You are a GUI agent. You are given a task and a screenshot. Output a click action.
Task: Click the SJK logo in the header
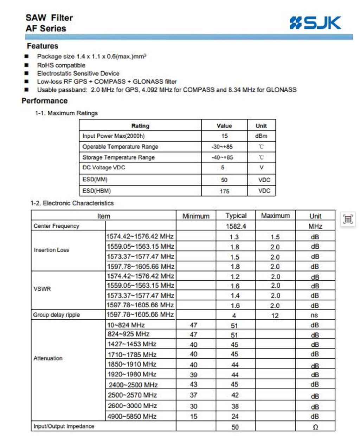(x=315, y=23)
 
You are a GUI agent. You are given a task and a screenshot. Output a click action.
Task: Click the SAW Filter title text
(x=49, y=18)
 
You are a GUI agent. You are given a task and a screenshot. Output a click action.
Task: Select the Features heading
(x=43, y=46)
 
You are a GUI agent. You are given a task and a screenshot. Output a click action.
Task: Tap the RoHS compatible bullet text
(x=61, y=65)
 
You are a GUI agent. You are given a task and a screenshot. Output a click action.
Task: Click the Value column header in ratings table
(x=224, y=126)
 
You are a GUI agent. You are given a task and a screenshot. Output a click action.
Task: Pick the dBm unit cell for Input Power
(x=261, y=136)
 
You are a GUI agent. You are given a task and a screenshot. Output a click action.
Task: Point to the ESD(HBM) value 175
(x=224, y=191)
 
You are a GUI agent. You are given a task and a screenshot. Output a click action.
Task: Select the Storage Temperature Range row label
(x=118, y=157)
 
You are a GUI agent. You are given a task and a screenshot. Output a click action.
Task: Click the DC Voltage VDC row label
(x=104, y=168)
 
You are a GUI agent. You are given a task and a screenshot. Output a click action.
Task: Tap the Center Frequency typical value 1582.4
(x=236, y=226)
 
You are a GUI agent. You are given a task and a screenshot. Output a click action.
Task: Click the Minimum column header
(x=196, y=216)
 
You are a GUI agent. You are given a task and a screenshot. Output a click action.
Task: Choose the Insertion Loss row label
(x=51, y=250)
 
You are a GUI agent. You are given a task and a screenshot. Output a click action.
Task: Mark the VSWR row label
(x=42, y=289)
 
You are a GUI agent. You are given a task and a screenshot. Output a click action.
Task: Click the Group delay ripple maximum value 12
(x=275, y=315)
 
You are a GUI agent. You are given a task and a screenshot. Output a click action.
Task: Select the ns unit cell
(x=315, y=315)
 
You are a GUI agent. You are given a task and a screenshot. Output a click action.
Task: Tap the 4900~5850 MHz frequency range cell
(x=132, y=417)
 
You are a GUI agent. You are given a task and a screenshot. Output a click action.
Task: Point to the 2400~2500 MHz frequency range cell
(x=133, y=385)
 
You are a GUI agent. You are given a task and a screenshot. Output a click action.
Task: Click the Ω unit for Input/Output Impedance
(x=315, y=427)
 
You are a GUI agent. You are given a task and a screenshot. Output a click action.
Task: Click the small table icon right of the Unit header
(x=348, y=219)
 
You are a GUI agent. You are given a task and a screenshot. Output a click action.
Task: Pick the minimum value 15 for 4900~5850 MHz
(x=194, y=417)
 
